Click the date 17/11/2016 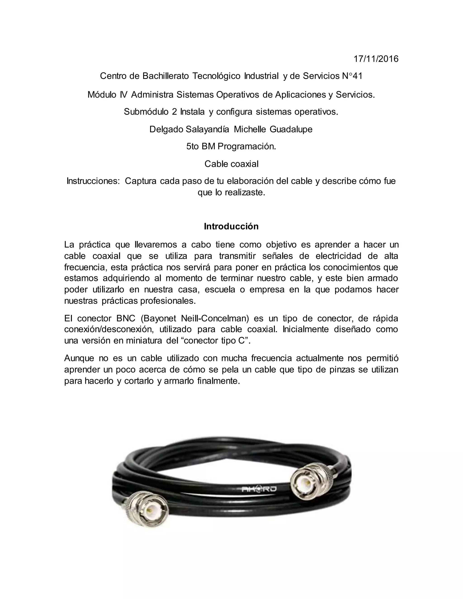click(x=376, y=59)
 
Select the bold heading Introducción click(x=231, y=226)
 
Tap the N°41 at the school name click(x=352, y=76)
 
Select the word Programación click(x=247, y=147)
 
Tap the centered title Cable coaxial click(x=231, y=164)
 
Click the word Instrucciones click(x=93, y=181)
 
